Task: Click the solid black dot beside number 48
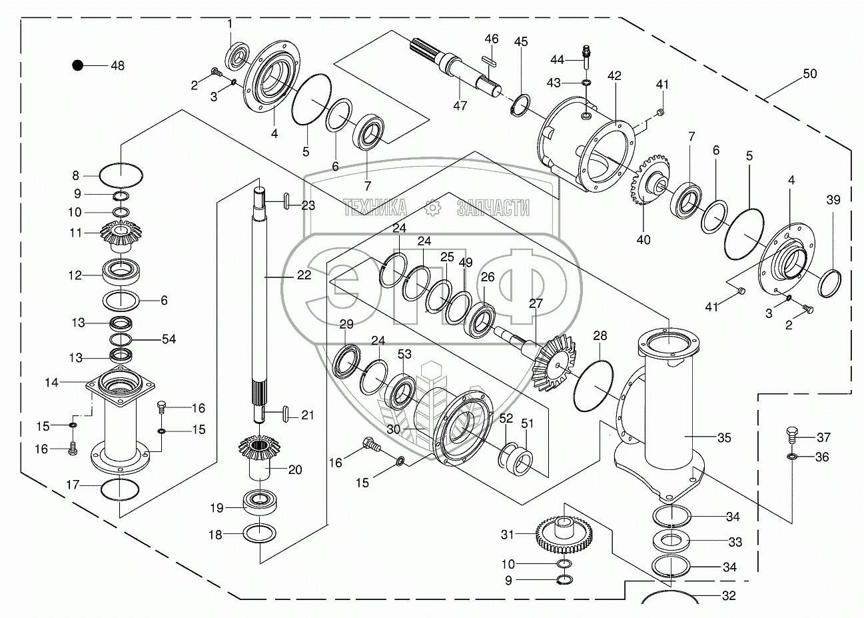[78, 65]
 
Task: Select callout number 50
[809, 73]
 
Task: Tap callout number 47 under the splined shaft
[460, 105]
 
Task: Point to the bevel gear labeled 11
[121, 235]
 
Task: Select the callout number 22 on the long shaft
[304, 275]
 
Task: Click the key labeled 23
[286, 201]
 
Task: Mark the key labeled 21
[286, 415]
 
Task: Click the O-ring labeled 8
[121, 175]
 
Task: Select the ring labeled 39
[829, 284]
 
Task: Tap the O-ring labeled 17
[119, 489]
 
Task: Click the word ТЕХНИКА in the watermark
[374, 207]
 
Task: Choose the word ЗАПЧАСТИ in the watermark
[493, 208]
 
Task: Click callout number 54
[169, 339]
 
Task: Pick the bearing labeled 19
[260, 502]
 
